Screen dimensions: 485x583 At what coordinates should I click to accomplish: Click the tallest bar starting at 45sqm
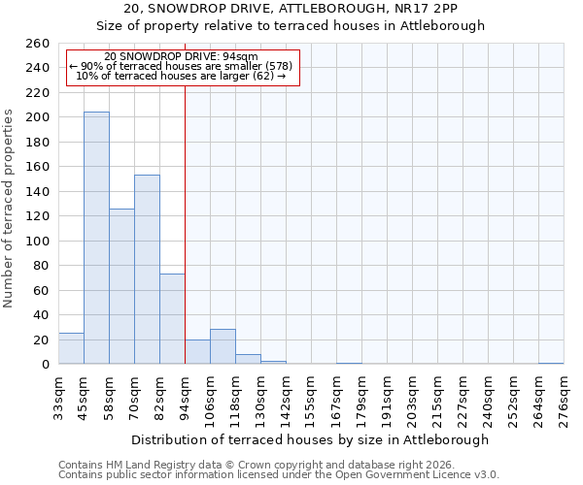pyautogui.click(x=96, y=238)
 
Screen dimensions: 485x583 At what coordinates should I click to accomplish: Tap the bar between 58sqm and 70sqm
pyautogui.click(x=121, y=286)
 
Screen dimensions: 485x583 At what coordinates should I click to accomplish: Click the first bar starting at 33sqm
pyautogui.click(x=71, y=348)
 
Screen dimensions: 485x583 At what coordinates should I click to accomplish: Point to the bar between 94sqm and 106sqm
pyautogui.click(x=197, y=352)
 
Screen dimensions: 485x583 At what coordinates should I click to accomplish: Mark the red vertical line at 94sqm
pyautogui.click(x=185, y=223)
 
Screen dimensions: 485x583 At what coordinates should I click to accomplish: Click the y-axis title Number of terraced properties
pyautogui.click(x=10, y=208)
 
